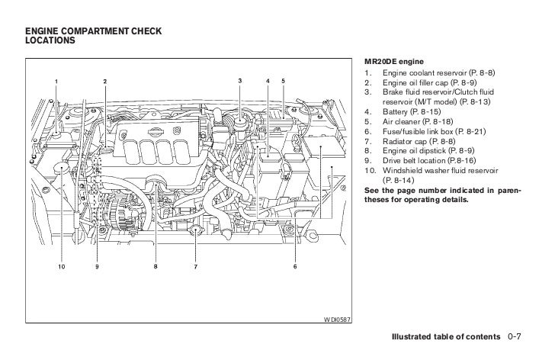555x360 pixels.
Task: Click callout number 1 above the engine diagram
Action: tap(56, 82)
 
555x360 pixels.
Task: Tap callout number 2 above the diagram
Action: tap(105, 82)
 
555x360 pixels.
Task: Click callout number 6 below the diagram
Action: tap(294, 267)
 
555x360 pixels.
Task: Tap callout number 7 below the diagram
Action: tap(195, 267)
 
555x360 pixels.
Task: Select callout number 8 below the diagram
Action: tap(155, 267)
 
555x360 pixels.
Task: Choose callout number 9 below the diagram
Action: tap(98, 267)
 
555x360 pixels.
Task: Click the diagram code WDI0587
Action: tap(336, 318)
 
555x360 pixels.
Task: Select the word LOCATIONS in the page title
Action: tap(50, 40)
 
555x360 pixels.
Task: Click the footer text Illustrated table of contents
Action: tap(446, 336)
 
